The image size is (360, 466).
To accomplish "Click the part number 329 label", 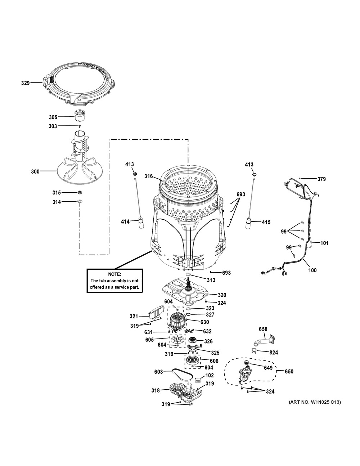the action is click(x=25, y=83).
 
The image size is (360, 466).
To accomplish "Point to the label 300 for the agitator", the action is click(x=35, y=171).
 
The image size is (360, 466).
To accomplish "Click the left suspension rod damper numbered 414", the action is click(x=141, y=223).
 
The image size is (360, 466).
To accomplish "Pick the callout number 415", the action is click(x=266, y=222).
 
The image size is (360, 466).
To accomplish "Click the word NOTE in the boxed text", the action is click(x=114, y=274).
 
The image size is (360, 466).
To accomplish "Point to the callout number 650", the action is click(x=289, y=371).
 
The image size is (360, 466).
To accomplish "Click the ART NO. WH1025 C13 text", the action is click(x=315, y=402).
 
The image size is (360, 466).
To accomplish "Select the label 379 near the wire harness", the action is click(x=321, y=179).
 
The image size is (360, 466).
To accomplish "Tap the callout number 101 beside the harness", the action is click(x=324, y=243).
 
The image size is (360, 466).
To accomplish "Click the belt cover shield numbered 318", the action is click(x=186, y=391).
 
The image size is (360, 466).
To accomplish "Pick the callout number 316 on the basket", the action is click(x=148, y=176).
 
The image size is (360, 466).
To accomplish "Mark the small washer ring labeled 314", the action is click(x=80, y=201).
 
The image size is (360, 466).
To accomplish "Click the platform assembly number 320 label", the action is click(x=222, y=295).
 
